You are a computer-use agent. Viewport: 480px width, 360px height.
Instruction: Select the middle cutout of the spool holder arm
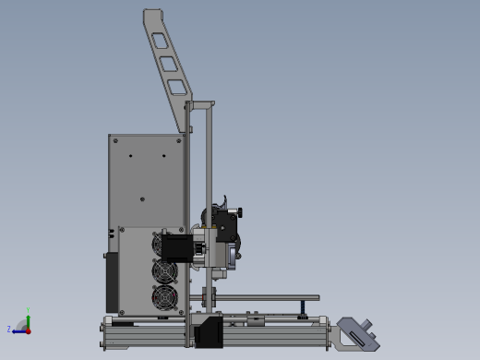[169, 64]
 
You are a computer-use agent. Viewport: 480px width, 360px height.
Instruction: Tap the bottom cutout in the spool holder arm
[176, 88]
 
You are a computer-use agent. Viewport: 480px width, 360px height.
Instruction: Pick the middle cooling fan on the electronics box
[163, 271]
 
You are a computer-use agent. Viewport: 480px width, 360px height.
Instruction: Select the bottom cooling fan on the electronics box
[164, 297]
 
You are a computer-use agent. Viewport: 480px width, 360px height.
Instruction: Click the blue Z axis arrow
[18, 330]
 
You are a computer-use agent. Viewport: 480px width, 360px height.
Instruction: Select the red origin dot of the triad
[28, 329]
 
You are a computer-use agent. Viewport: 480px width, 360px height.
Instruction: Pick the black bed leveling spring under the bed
[306, 307]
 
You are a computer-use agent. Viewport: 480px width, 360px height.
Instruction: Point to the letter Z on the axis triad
[10, 329]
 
